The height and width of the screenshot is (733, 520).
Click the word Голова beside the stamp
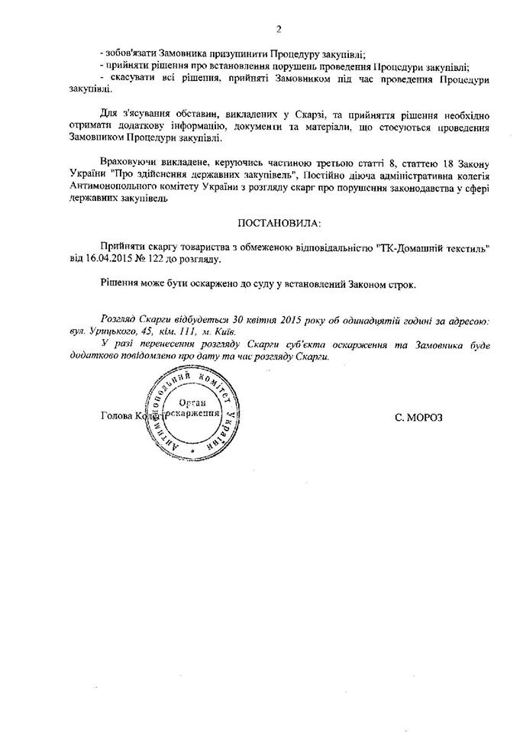click(x=115, y=417)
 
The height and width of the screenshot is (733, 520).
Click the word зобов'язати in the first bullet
click(x=132, y=53)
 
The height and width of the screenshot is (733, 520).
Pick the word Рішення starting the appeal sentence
click(x=122, y=284)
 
